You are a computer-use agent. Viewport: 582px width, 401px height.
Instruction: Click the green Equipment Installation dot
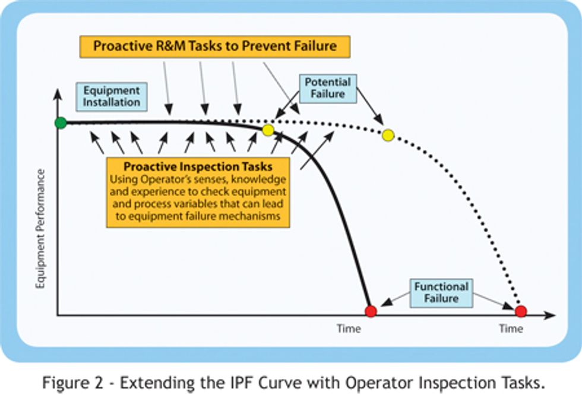click(x=61, y=122)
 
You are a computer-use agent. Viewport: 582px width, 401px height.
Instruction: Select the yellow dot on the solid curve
click(x=268, y=130)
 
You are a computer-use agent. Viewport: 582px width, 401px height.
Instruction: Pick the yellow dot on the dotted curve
click(x=388, y=135)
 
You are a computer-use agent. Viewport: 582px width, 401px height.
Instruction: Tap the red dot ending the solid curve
click(x=371, y=311)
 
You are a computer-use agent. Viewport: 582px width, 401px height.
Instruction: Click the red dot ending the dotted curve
click(x=521, y=311)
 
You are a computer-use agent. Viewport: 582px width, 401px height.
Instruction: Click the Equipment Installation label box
click(x=112, y=96)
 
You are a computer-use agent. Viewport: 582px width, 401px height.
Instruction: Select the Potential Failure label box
click(x=328, y=89)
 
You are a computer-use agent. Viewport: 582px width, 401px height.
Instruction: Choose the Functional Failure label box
click(x=441, y=293)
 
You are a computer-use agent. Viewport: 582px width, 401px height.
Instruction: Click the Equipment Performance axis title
click(x=40, y=229)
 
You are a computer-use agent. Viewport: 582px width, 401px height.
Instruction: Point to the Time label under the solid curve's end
click(x=349, y=329)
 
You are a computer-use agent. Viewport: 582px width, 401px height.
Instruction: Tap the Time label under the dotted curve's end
click(x=511, y=329)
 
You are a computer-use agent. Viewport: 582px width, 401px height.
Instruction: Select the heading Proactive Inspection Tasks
click(x=198, y=166)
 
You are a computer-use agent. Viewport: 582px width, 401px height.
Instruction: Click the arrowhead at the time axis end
click(x=549, y=315)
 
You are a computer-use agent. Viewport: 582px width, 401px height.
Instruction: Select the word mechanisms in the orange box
click(x=249, y=216)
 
